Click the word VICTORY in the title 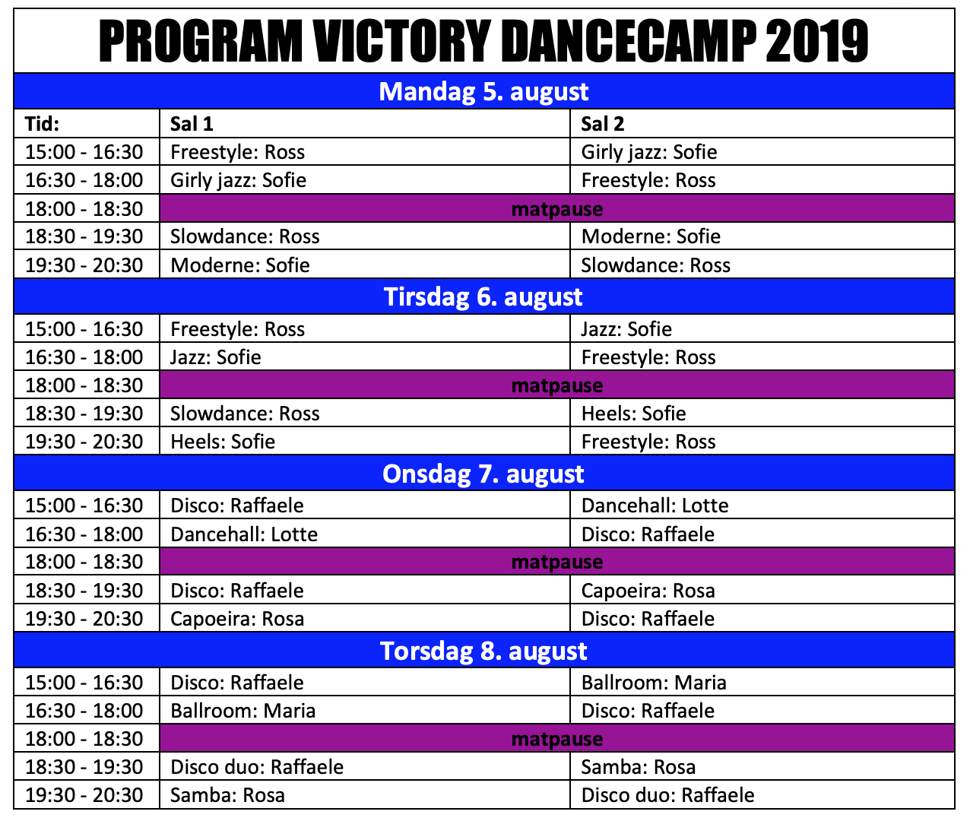coord(401,41)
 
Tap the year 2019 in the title coord(816,41)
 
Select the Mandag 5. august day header coord(483,91)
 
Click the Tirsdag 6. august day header coord(483,296)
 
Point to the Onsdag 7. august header coord(483,474)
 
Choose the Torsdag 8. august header coord(483,651)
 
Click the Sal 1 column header coord(192,124)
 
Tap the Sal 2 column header coord(603,124)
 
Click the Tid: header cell coord(43,124)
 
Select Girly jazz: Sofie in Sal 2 coord(649,152)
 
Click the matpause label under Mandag coord(557,209)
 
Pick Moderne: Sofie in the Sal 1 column coord(239,265)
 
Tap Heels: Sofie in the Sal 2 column coord(633,414)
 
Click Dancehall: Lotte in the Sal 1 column coord(244,534)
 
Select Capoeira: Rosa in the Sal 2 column coord(648,591)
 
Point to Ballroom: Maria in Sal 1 coord(242,711)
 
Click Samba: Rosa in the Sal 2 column coord(639,767)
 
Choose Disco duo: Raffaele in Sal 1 coord(257,767)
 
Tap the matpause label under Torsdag coord(557,740)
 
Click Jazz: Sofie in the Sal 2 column coord(626,329)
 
